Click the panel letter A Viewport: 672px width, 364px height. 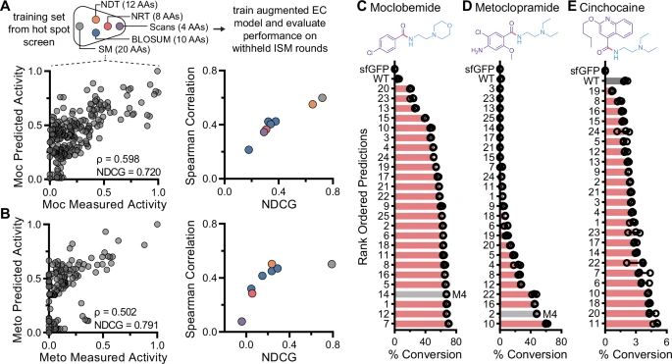click(7, 7)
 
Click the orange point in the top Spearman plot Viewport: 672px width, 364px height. click(312, 103)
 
